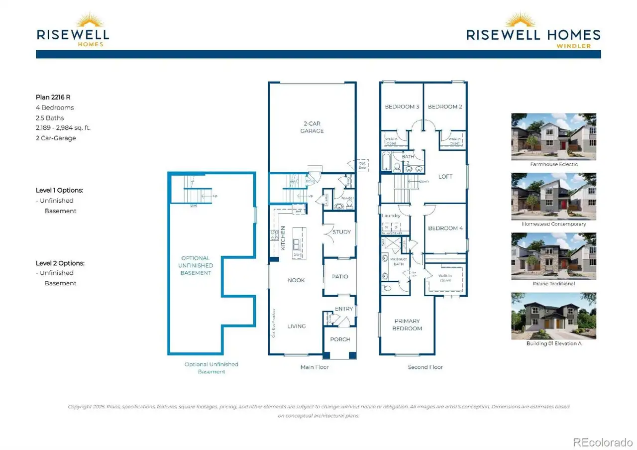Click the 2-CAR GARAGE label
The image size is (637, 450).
[x=312, y=127]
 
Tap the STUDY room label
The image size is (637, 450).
[x=341, y=232]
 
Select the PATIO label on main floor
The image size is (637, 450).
[x=339, y=277]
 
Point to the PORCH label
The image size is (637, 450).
[x=340, y=339]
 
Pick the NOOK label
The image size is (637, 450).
[x=296, y=280]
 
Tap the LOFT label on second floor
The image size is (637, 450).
[x=445, y=177]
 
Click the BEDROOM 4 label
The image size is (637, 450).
[x=445, y=228]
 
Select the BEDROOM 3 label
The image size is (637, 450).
[x=402, y=107]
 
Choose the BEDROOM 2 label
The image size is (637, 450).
[x=445, y=107]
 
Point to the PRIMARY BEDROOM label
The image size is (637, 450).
[x=407, y=325]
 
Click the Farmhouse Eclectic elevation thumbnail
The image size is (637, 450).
[x=553, y=136]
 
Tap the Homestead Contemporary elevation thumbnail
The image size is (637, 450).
[x=553, y=196]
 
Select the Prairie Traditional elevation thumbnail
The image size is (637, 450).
[x=553, y=256]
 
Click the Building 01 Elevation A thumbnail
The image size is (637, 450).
[x=553, y=316]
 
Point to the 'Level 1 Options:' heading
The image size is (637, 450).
[x=59, y=190]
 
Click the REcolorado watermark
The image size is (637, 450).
[x=602, y=442]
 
